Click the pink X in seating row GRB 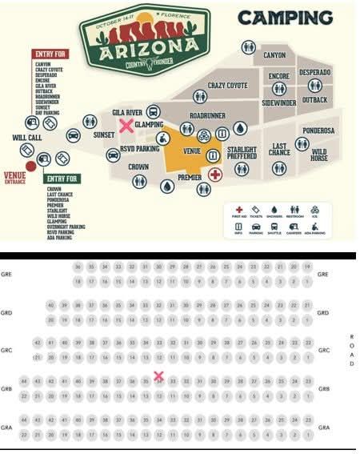pos(158,376)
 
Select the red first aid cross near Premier pos(214,174)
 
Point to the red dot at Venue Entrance pos(31,166)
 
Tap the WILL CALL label pos(26,139)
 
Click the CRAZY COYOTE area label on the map pos(228,85)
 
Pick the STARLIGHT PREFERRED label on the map pos(242,153)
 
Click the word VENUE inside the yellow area pos(192,151)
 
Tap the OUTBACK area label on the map pos(315,99)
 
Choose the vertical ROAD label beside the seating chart pos(352,350)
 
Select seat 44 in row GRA pos(25,420)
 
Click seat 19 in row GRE pos(307,267)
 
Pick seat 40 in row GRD pos(50,305)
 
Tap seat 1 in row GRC pos(307,357)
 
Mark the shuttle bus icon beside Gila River pos(154,111)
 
